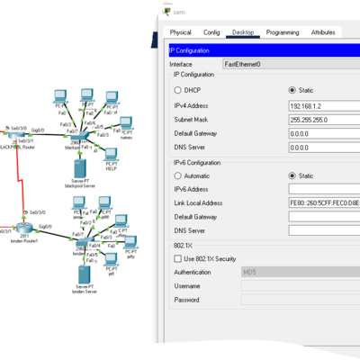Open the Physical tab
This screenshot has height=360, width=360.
[180, 32]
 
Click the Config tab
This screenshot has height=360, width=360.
[211, 32]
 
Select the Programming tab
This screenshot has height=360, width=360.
[282, 32]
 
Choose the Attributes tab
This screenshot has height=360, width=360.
[323, 32]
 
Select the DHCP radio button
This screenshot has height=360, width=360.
[177, 90]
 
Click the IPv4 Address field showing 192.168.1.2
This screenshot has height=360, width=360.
[323, 104]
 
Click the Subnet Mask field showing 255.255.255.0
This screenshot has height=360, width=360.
[323, 119]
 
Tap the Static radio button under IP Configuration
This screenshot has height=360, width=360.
[292, 90]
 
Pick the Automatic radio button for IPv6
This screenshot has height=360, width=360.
[177, 175]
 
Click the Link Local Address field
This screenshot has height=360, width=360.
[323, 203]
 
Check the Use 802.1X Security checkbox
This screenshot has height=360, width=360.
[177, 258]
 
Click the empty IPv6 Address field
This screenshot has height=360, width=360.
[323, 190]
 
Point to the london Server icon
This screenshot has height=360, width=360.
[84, 274]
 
